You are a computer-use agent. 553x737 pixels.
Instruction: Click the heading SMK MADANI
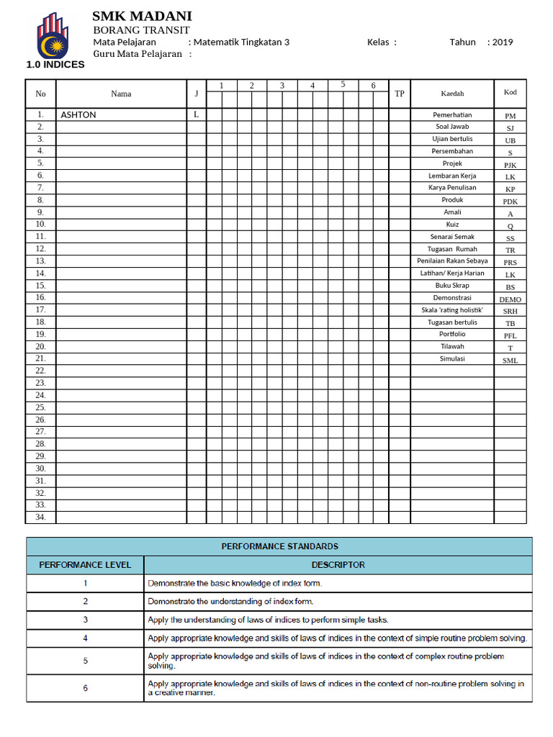pyautogui.click(x=142, y=16)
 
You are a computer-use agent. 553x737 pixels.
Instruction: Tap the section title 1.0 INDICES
pyautogui.click(x=55, y=64)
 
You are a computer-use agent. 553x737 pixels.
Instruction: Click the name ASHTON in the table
pyautogui.click(x=78, y=114)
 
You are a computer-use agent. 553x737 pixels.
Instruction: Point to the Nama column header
pyautogui.click(x=121, y=94)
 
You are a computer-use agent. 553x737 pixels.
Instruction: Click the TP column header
pyautogui.click(x=400, y=94)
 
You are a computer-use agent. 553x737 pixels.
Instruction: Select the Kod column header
pyautogui.click(x=510, y=92)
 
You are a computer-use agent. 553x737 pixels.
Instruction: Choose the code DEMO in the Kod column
pyautogui.click(x=510, y=299)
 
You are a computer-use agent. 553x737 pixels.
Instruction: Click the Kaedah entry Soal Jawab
pyautogui.click(x=452, y=127)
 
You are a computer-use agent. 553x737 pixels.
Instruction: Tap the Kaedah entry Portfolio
pyautogui.click(x=452, y=334)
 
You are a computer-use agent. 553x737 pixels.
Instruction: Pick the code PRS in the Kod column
pyautogui.click(x=510, y=263)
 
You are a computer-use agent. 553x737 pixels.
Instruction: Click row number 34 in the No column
pyautogui.click(x=40, y=517)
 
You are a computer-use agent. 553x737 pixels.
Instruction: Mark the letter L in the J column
pyautogui.click(x=196, y=114)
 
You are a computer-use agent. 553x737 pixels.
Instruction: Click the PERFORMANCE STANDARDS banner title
pyautogui.click(x=279, y=546)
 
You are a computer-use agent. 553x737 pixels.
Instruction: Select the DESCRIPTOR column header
pyautogui.click(x=338, y=565)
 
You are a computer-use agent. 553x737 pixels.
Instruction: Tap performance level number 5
pyautogui.click(x=85, y=661)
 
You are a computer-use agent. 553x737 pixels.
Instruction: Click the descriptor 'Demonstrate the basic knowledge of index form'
pyautogui.click(x=235, y=583)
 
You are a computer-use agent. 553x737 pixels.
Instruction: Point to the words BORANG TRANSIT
pyautogui.click(x=142, y=30)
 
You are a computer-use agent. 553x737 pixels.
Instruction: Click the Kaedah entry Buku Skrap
pyautogui.click(x=452, y=286)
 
